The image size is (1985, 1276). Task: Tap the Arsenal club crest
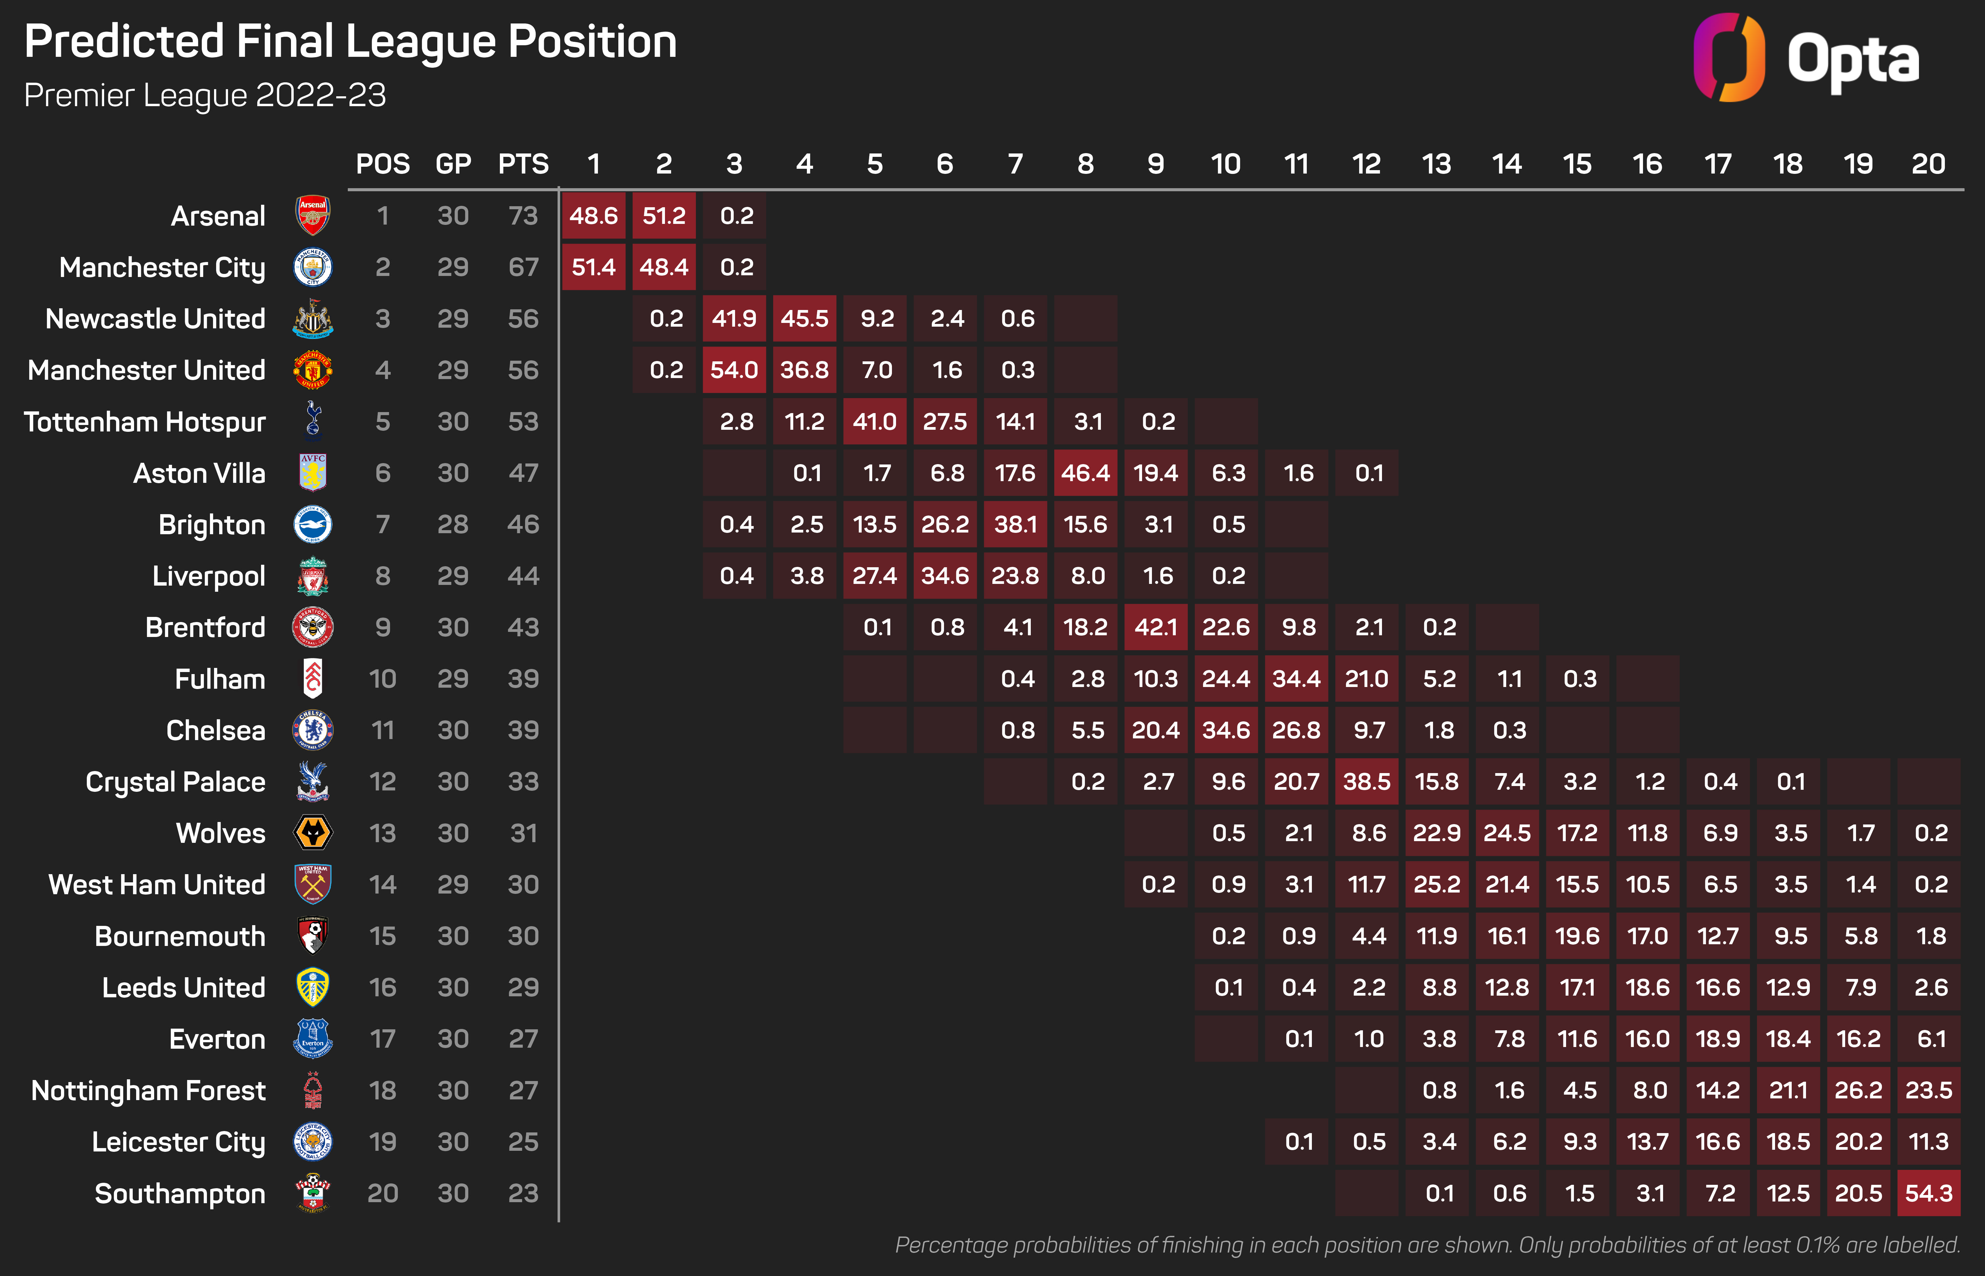313,215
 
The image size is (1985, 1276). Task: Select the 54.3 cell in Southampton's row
1929,1193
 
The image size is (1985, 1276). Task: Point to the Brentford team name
206,627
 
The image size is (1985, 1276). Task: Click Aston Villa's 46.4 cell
1085,473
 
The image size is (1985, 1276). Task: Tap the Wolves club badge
313,833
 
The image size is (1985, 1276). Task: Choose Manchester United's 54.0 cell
734,370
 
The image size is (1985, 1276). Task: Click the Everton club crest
313,1038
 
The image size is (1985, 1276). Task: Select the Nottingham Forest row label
148,1091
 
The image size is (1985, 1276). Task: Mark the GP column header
453,164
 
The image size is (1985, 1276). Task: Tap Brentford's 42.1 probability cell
1156,627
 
